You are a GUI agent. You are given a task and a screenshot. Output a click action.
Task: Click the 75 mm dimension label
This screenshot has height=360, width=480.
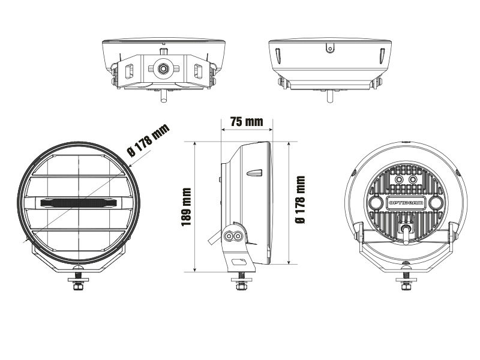pyautogui.click(x=247, y=122)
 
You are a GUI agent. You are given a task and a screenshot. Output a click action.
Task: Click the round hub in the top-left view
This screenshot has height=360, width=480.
pyautogui.click(x=163, y=70)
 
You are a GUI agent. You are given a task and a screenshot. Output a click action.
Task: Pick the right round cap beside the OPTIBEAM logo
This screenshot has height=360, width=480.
pyautogui.click(x=435, y=203)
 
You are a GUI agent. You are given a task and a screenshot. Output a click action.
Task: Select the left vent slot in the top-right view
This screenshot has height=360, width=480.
pyautogui.click(x=278, y=55)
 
